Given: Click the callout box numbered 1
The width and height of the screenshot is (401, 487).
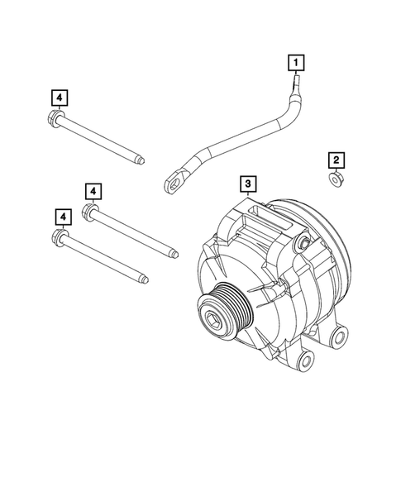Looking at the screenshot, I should point(295,60).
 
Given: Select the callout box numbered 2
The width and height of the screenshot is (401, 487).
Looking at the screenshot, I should point(335,159).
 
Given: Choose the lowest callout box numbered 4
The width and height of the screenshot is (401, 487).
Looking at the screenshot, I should point(62,216).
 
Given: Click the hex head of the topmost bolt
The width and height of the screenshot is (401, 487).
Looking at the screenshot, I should point(55,117).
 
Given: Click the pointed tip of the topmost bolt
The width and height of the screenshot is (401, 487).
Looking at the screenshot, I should point(145,160).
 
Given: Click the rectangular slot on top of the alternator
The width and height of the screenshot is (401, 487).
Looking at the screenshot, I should point(266,221).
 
